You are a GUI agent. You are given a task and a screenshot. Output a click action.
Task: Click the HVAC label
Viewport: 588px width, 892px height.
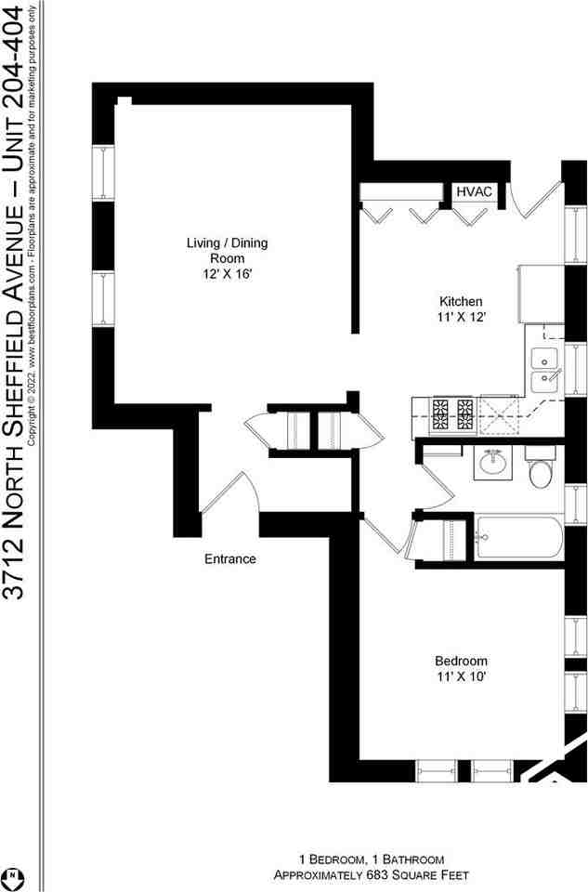pyautogui.click(x=474, y=191)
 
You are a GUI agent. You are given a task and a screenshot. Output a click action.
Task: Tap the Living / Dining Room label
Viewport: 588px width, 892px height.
pyautogui.click(x=227, y=251)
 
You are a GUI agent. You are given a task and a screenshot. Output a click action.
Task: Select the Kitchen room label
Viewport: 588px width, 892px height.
pyautogui.click(x=460, y=301)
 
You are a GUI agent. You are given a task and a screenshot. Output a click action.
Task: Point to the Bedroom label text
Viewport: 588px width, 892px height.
pyautogui.click(x=460, y=661)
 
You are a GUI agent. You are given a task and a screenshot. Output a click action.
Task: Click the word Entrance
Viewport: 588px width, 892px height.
pyautogui.click(x=229, y=559)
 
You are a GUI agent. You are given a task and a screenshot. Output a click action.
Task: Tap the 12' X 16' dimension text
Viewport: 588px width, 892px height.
pyautogui.click(x=227, y=274)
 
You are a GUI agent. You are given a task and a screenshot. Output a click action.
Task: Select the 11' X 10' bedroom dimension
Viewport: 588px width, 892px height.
pyautogui.click(x=460, y=676)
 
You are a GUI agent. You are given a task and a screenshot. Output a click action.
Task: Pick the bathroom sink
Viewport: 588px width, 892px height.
pyautogui.click(x=492, y=462)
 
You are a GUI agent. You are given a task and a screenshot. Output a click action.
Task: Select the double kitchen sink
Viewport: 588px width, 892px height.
pyautogui.click(x=543, y=369)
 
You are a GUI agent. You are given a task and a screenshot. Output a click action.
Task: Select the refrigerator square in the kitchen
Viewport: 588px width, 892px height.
pyautogui.click(x=541, y=292)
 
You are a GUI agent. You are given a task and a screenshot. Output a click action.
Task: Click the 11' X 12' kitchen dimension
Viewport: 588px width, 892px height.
pyautogui.click(x=460, y=317)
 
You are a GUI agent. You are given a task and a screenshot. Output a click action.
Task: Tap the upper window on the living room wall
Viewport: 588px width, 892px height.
pyautogui.click(x=102, y=173)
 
